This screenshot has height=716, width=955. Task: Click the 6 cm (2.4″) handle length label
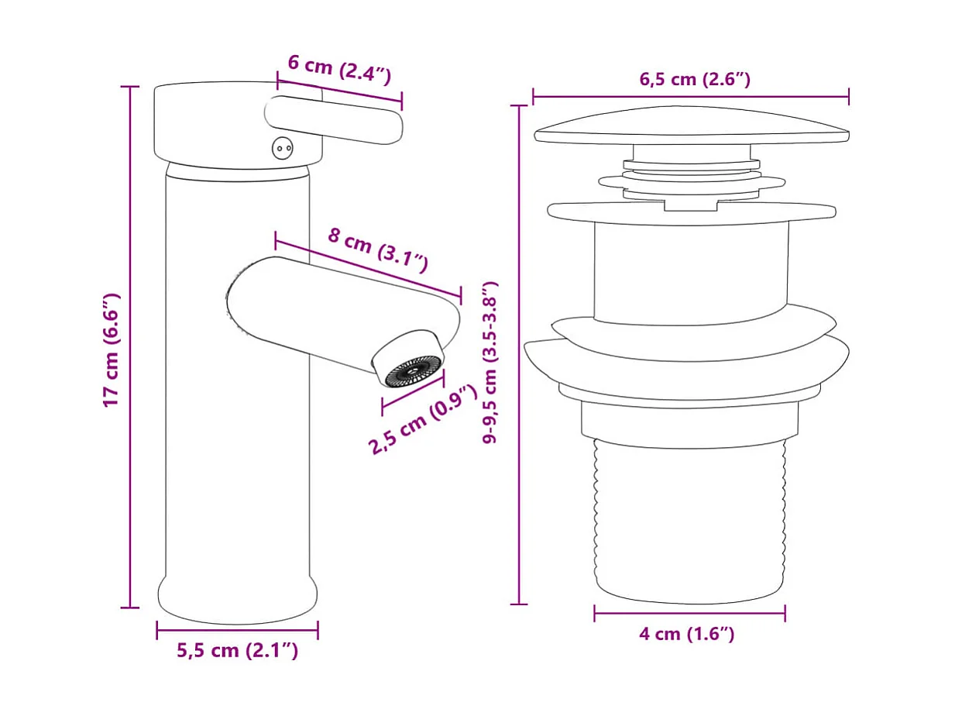point(339,69)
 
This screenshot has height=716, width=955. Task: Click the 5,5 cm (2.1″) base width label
point(237,651)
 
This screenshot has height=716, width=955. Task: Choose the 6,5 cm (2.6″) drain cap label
point(694,79)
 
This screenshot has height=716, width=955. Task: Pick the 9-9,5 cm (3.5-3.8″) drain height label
point(490,362)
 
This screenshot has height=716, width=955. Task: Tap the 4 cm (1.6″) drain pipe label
point(686,635)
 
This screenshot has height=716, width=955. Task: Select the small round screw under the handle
point(280,147)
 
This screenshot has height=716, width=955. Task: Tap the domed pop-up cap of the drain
point(691,128)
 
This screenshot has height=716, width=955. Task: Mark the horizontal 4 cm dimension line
point(689,614)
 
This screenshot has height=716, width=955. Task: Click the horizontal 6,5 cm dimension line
point(691,97)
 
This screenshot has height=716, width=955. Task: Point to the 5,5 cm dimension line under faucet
point(237,630)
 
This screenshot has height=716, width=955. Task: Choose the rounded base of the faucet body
point(237,601)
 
